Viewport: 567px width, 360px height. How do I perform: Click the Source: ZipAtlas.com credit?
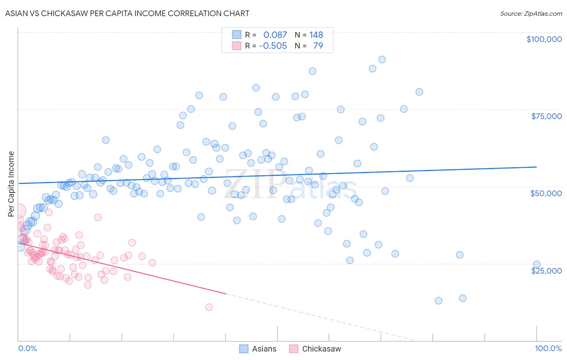point(531,13)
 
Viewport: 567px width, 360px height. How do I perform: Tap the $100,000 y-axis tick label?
point(544,39)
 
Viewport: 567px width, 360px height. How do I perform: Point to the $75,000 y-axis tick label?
point(546,116)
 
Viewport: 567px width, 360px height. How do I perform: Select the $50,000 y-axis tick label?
point(546,193)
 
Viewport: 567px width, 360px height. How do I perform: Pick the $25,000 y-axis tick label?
point(546,270)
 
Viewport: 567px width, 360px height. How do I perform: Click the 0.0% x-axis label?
point(27,348)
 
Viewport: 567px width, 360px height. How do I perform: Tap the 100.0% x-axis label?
point(548,348)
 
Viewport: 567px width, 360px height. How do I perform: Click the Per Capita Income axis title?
point(11,184)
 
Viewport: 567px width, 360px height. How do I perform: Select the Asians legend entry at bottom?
point(258,349)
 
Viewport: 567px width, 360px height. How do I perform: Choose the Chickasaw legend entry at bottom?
point(315,349)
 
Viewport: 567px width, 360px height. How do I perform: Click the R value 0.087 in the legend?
point(275,35)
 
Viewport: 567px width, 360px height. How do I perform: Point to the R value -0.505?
point(273,46)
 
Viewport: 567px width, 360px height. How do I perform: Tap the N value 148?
point(316,35)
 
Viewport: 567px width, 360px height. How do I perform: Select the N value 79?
point(318,46)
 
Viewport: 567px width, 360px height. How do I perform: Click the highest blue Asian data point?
point(382,60)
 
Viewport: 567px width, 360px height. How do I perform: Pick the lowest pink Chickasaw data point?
point(209,307)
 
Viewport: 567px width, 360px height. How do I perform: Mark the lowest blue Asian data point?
point(438,301)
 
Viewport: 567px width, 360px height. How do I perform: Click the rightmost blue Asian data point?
point(537,265)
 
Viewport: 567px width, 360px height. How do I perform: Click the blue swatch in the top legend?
point(236,35)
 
